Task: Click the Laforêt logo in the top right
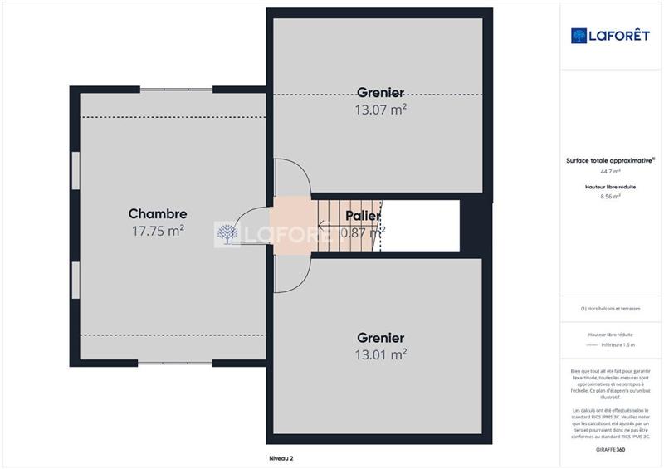coord(610,35)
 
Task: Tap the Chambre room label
coord(157,213)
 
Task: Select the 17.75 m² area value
coord(157,232)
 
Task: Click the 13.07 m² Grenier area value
coord(381,108)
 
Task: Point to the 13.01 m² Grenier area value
coord(381,354)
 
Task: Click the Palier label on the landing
coord(363,216)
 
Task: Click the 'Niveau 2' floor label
coord(281,457)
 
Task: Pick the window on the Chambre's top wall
coord(176,89)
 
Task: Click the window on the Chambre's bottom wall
coord(176,363)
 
